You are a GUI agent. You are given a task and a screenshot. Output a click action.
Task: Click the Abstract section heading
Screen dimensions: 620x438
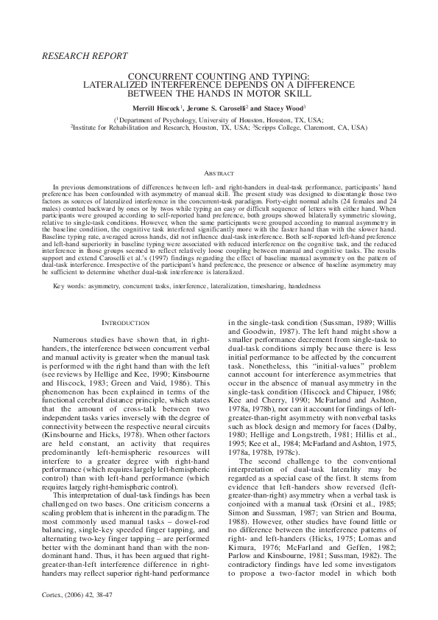point(219,171)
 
